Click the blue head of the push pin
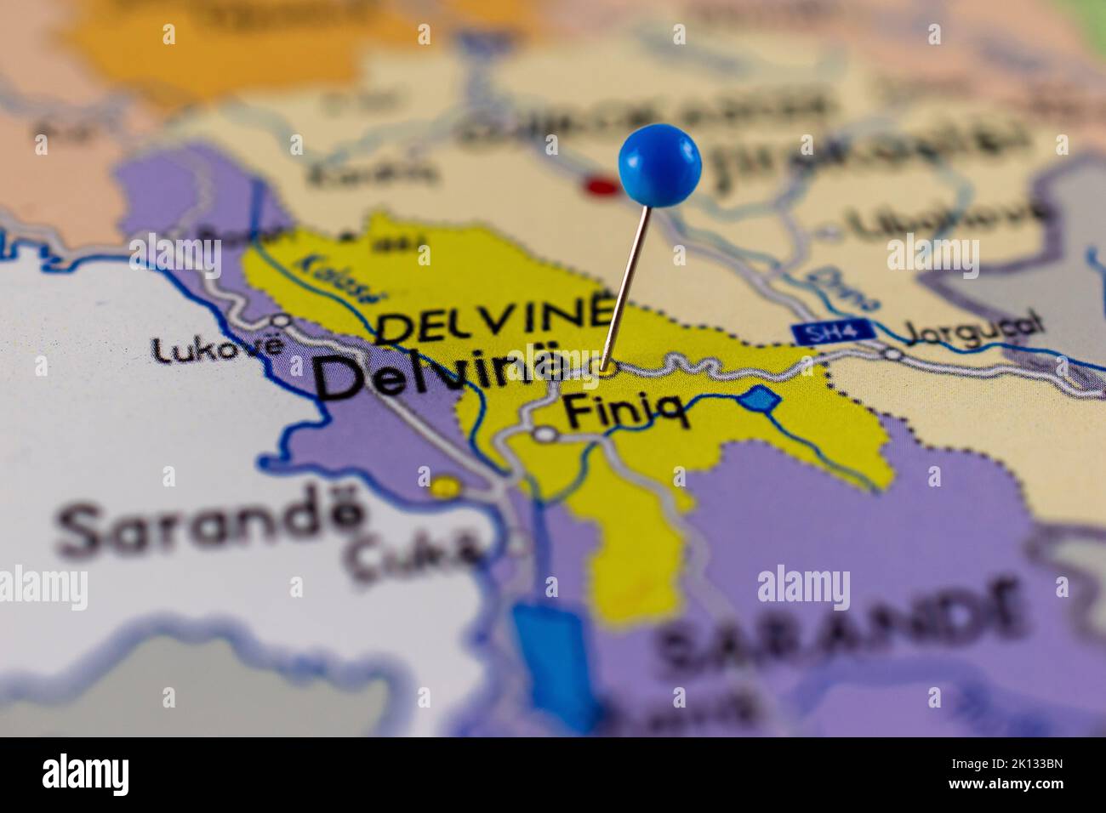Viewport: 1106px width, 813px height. pos(659,164)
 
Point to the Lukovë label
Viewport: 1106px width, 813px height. pos(217,349)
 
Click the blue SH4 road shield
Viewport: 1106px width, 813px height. pos(818,334)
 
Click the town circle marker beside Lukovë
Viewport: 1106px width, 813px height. pos(280,321)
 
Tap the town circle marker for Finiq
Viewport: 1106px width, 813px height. pos(545,435)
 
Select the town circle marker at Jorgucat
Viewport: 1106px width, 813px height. pos(892,353)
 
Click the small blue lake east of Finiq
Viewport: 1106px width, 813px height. pos(759,398)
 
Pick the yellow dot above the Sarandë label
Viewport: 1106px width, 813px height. pos(443,487)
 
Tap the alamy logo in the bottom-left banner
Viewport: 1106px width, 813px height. pos(86,775)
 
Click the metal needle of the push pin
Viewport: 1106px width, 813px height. pos(628,281)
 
